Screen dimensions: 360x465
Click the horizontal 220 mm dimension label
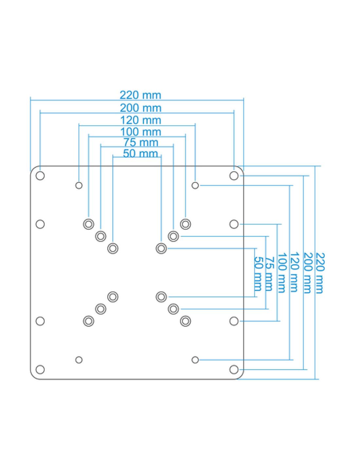[140, 95]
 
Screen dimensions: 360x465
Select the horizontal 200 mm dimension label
[140, 108]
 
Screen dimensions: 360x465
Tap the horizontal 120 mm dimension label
[141, 120]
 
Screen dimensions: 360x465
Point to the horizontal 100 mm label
[141, 132]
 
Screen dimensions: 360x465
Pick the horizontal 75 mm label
[141, 143]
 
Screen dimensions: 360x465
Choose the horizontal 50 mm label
[140, 154]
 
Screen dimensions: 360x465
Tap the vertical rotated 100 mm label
[282, 273]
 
